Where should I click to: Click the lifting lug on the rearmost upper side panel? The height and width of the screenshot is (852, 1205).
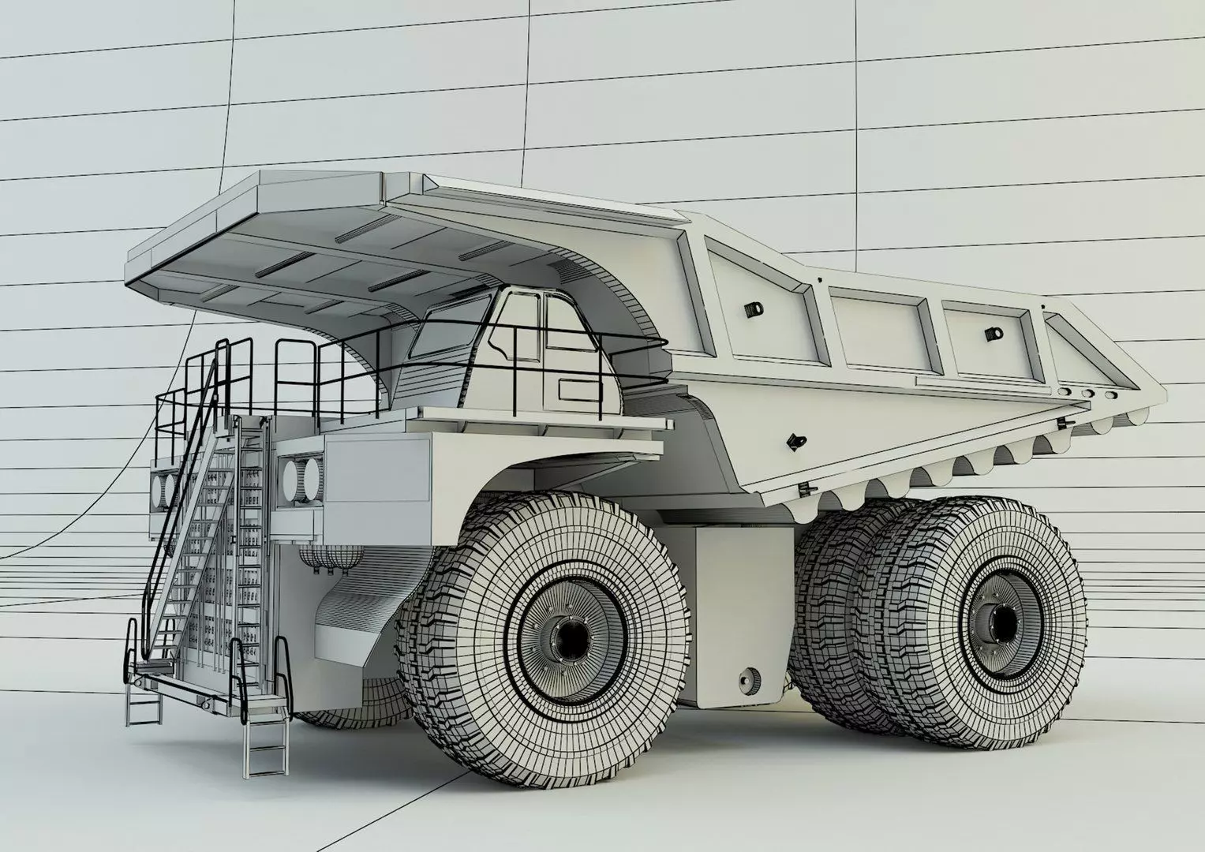tap(990, 334)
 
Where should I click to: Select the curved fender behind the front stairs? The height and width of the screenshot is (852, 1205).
tap(347, 623)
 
